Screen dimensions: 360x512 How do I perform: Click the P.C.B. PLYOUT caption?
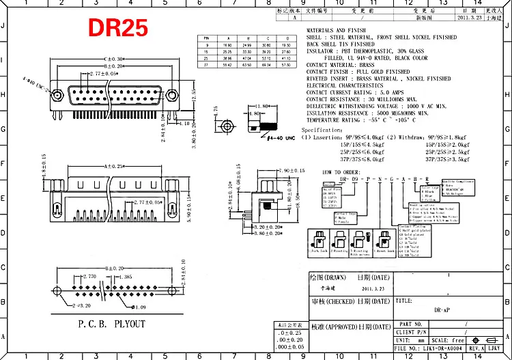(111, 324)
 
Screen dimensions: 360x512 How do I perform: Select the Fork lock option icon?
(319, 241)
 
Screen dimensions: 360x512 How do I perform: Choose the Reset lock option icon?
(386, 241)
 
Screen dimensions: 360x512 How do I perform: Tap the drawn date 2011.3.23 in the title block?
(371, 290)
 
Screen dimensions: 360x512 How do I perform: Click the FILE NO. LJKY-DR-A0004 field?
(430, 348)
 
